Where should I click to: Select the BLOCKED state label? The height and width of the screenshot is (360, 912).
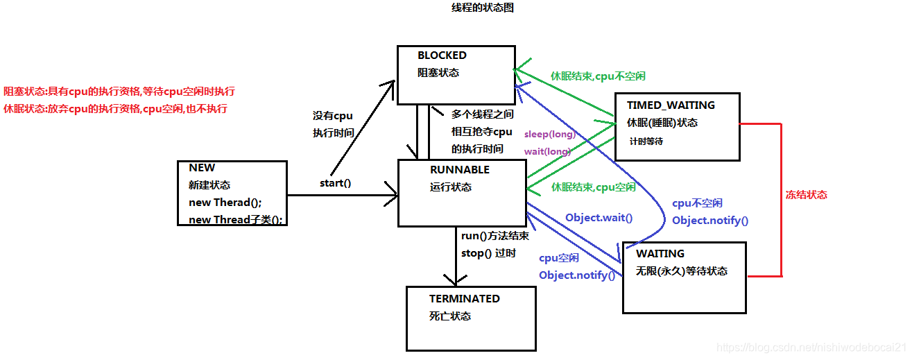pos(442,55)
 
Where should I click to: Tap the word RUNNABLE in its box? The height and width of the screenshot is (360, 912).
pos(459,170)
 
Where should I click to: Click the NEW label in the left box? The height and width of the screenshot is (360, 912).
pos(202,168)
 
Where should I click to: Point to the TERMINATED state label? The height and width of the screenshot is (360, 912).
pos(464,299)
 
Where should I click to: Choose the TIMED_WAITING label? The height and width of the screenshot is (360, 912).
pos(671,105)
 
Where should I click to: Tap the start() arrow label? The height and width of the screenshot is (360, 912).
pos(335,184)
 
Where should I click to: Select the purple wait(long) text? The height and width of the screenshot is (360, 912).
pos(547,151)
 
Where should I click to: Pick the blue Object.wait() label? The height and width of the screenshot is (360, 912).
pos(599,218)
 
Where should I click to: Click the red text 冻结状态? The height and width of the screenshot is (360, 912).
pos(806,195)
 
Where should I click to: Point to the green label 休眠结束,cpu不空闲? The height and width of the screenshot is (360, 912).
pos(598,76)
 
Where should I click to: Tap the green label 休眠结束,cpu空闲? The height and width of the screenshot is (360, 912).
pos(593,187)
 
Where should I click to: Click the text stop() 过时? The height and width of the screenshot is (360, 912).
pos(488,253)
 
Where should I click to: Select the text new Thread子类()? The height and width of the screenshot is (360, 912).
pos(236,220)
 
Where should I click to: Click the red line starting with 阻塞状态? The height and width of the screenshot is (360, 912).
pos(119,92)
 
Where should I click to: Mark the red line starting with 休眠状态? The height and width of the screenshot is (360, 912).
pos(115,109)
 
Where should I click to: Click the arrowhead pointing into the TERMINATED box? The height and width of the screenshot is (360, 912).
pos(455,281)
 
